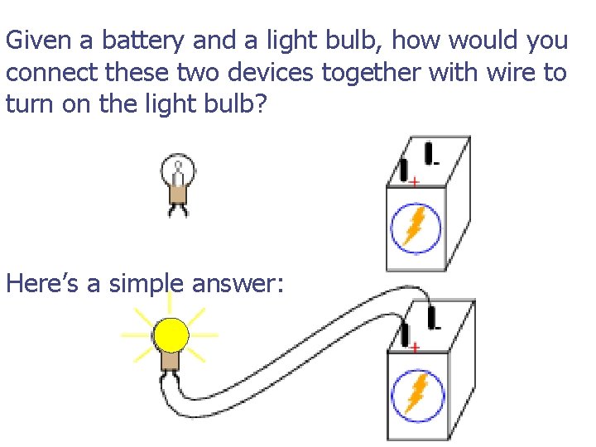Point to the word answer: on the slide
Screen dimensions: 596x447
[x=238, y=285]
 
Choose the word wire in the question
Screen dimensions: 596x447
[x=513, y=73]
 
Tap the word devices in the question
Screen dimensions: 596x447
[x=272, y=73]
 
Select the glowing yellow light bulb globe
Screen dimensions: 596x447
[x=171, y=335]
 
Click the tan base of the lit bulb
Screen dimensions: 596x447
[x=171, y=361]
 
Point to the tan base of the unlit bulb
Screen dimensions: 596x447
[x=177, y=194]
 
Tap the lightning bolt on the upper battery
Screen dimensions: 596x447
[x=414, y=226]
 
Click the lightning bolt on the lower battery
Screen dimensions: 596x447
[x=414, y=393]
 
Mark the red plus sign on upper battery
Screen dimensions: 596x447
[x=413, y=180]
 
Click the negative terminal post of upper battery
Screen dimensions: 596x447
[x=429, y=152]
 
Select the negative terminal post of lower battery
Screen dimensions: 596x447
[x=431, y=317]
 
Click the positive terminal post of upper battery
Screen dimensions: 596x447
[x=404, y=170]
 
